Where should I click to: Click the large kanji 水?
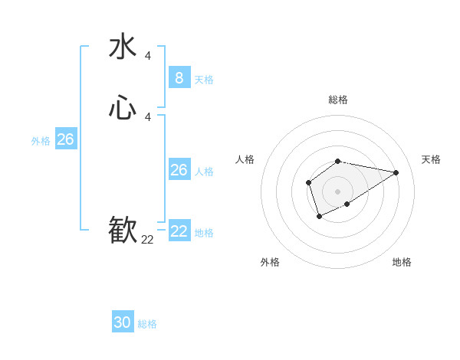123,47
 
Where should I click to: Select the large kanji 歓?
123,231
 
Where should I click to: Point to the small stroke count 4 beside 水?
147,55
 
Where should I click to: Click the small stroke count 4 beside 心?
147,116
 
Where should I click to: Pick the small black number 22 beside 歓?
147,239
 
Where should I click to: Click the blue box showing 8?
179,77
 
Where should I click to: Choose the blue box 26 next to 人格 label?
179,170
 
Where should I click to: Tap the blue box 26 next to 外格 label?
65,139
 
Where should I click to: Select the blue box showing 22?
179,231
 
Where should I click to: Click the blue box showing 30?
123,322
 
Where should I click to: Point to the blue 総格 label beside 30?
147,324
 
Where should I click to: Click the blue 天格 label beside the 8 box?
204,79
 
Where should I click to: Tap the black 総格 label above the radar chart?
337,100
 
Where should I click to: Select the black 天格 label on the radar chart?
431,159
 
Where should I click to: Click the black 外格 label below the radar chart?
270,262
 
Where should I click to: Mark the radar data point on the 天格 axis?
396,172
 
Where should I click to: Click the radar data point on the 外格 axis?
319,217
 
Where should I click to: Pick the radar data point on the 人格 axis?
308,182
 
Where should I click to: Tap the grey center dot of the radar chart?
337,191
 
